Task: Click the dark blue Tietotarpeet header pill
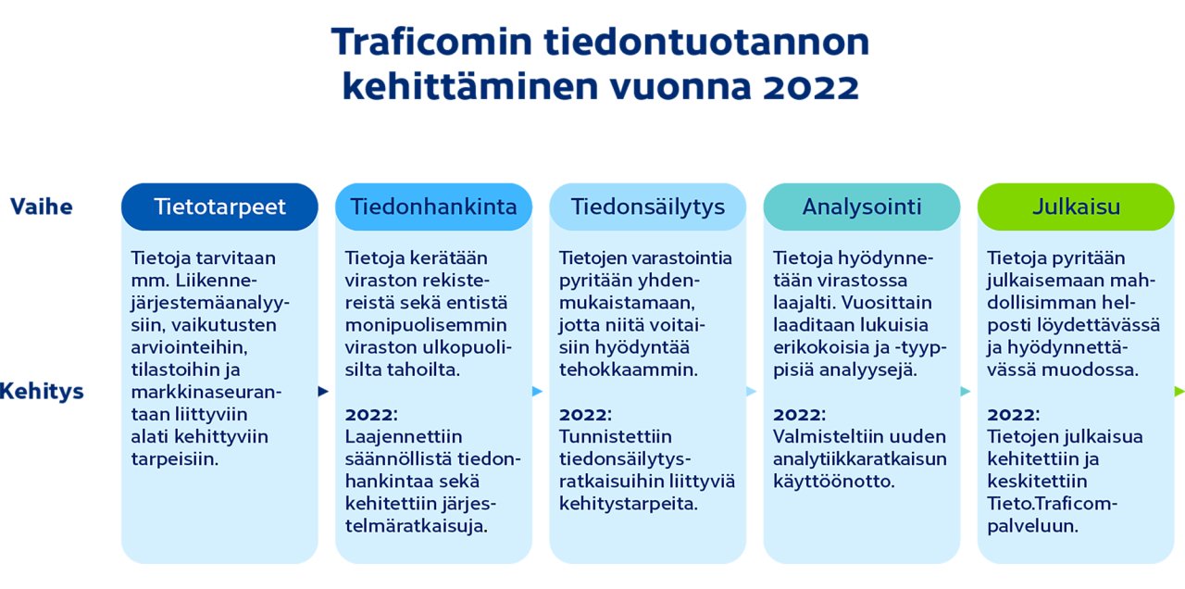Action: pos(219,207)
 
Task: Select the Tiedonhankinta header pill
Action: pos(433,207)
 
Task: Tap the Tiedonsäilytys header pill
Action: pos(647,207)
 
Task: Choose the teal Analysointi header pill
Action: pos(861,207)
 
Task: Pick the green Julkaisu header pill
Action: pos(1075,207)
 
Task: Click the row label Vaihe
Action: pos(41,207)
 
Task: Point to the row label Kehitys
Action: pos(41,391)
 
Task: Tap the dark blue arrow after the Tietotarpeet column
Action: pos(323,391)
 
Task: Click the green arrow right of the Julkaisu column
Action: pos(1179,391)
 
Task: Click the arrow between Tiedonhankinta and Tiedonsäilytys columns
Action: pos(537,391)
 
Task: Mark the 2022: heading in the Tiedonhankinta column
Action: pos(371,414)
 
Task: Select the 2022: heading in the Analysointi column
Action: pos(799,414)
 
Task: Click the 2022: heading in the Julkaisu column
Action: pos(1013,414)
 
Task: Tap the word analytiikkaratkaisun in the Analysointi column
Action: pos(860,458)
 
